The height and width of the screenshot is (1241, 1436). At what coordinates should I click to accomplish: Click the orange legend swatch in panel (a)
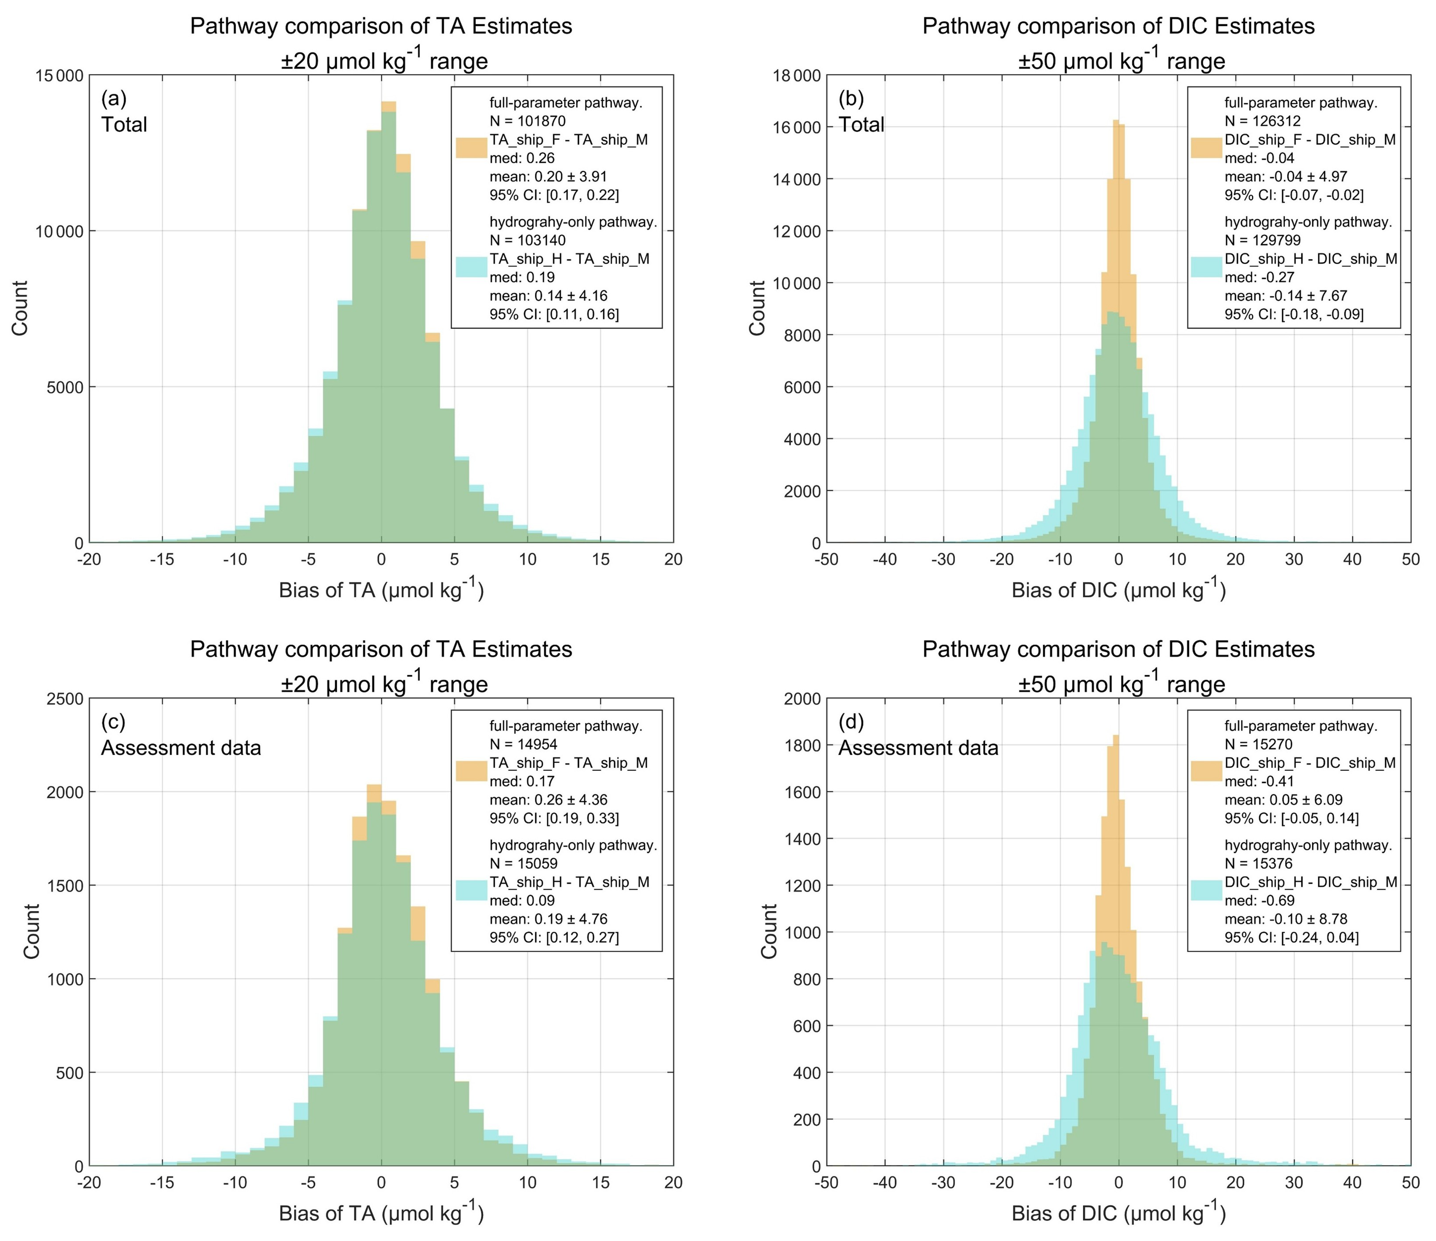tap(471, 148)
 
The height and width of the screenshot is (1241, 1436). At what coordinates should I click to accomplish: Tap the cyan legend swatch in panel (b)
tap(1207, 268)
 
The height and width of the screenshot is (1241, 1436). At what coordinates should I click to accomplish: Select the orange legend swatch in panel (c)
tap(471, 772)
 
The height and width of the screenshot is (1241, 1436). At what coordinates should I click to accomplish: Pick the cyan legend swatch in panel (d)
tap(1207, 891)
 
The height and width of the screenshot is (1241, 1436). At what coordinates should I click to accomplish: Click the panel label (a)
tap(114, 99)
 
